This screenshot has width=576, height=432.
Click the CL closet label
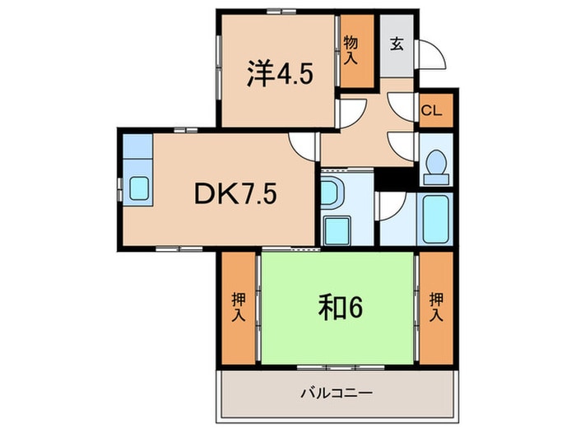point(432,109)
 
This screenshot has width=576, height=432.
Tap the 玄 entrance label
point(397,43)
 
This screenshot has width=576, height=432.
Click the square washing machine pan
point(336,230)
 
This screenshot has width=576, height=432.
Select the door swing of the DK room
point(305,146)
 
